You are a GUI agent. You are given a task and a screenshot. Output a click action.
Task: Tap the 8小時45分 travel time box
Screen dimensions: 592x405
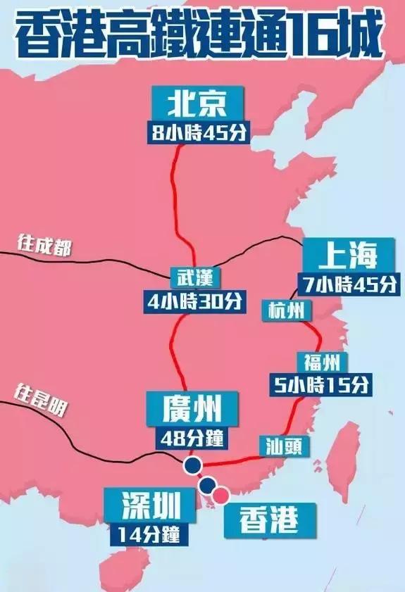tap(199, 132)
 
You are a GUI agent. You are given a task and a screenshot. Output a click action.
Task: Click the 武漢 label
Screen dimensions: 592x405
tap(195, 275)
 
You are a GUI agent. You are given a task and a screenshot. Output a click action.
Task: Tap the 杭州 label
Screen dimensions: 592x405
tap(287, 310)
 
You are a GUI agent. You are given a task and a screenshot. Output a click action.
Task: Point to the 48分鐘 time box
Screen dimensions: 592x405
tap(193, 437)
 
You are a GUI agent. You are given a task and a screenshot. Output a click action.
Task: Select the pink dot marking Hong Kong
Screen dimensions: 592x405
tap(221, 496)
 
